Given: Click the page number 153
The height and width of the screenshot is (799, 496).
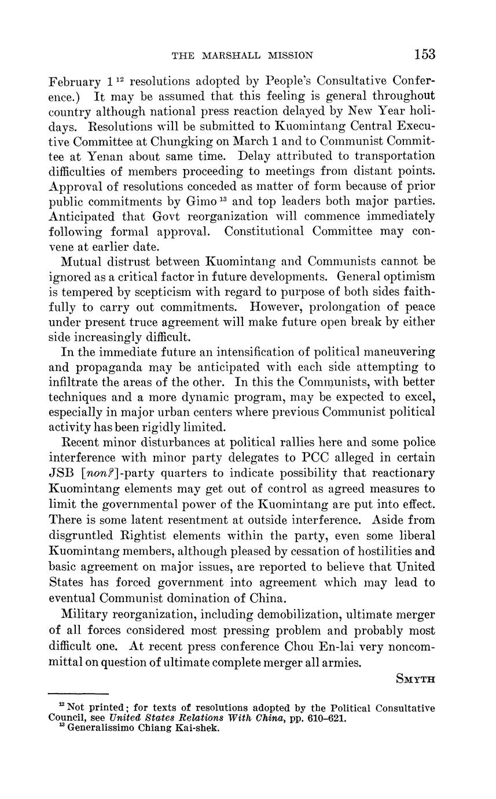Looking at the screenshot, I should point(424,54).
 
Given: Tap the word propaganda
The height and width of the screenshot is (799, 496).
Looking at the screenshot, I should point(110,366).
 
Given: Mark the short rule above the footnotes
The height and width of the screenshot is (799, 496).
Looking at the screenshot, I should point(78,693).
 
